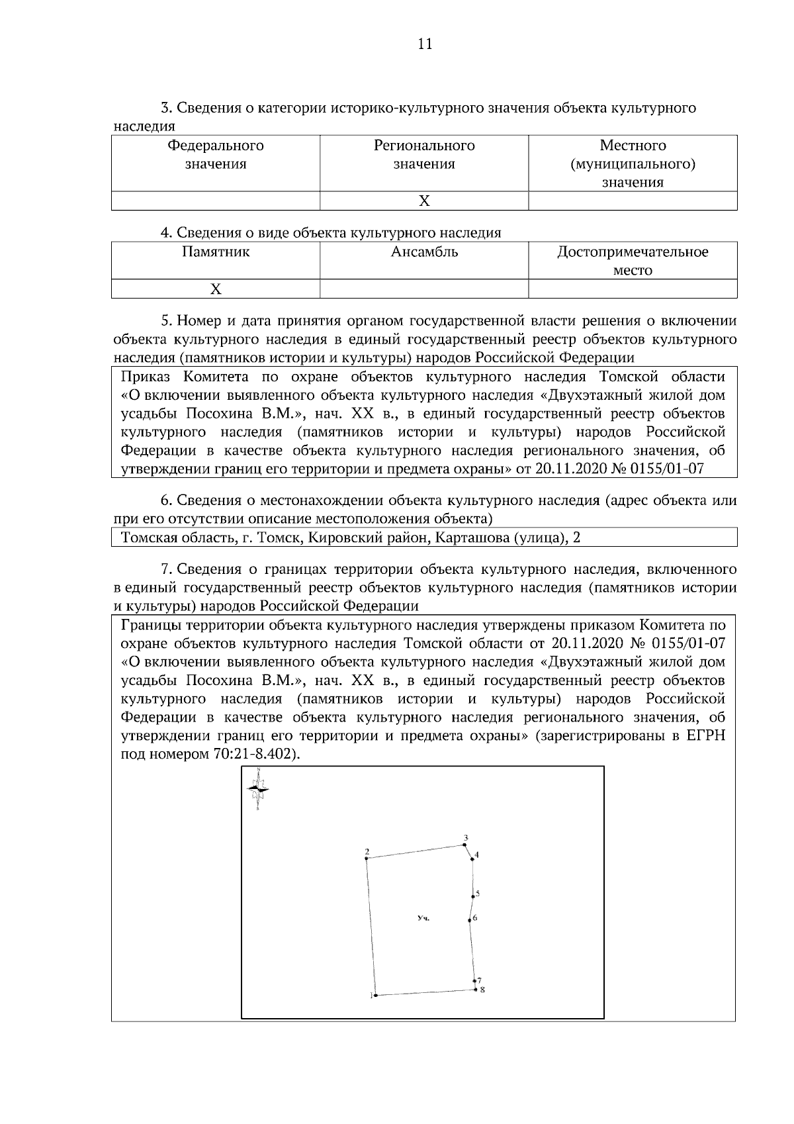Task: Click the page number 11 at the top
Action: click(x=425, y=44)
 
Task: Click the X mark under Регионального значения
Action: click(x=424, y=201)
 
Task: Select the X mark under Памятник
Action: click(x=216, y=289)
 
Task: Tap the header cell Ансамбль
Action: click(x=424, y=252)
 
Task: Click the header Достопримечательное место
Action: click(x=633, y=261)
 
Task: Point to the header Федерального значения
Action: click(x=216, y=154)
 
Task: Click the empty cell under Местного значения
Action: click(x=633, y=201)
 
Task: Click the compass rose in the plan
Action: click(x=257, y=788)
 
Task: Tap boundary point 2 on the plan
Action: click(x=367, y=859)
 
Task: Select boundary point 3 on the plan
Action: click(x=464, y=845)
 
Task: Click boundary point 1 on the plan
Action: click(x=375, y=995)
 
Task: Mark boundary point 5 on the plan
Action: click(x=473, y=897)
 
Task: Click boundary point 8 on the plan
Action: click(x=476, y=990)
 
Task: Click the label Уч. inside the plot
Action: click(x=423, y=919)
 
